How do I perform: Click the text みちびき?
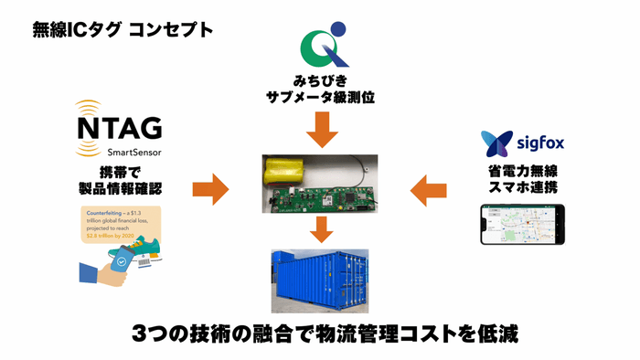coord(319,78)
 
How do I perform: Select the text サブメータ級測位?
coord(319,95)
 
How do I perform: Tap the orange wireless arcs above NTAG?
coord(90,107)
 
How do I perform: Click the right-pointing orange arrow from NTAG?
coord(210,189)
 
